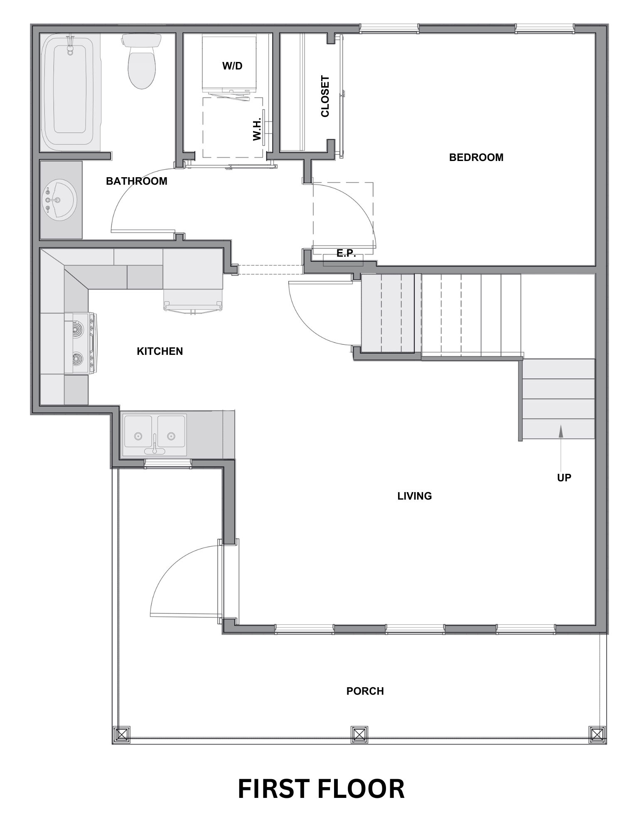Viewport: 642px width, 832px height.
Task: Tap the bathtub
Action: click(x=70, y=93)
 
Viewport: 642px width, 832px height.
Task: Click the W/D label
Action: click(x=232, y=66)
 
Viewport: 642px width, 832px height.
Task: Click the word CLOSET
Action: click(x=325, y=96)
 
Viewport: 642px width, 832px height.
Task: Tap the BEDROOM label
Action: click(x=476, y=157)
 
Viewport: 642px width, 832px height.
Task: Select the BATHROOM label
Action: click(x=137, y=181)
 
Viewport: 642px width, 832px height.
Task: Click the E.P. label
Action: click(x=346, y=253)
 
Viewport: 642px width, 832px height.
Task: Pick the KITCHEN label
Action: click(x=160, y=351)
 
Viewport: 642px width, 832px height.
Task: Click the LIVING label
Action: click(x=415, y=496)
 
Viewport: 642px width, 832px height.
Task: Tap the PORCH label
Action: click(x=365, y=691)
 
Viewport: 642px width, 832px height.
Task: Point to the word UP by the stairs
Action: click(x=564, y=478)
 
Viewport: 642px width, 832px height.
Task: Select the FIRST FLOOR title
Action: click(x=321, y=789)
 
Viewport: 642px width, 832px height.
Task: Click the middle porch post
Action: click(x=359, y=735)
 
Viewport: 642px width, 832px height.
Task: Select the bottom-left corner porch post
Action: click(x=121, y=735)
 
